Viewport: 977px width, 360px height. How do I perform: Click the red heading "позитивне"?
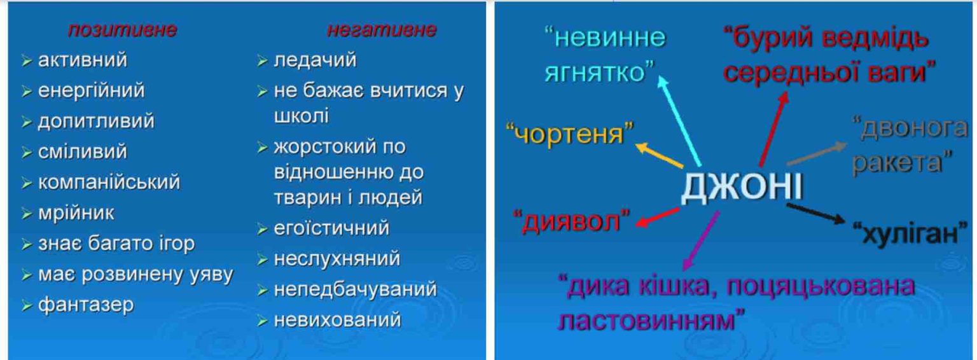pyautogui.click(x=123, y=30)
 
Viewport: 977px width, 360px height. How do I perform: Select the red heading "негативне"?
pyautogui.click(x=382, y=30)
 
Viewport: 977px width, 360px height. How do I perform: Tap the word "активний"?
pyautogui.click(x=83, y=60)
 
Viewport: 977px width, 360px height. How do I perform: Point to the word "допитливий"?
pyautogui.click(x=97, y=121)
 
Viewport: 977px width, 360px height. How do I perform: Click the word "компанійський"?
pyautogui.click(x=109, y=183)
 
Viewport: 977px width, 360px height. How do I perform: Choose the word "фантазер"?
pyautogui.click(x=86, y=305)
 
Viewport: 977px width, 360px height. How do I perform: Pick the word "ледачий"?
pyautogui.click(x=315, y=60)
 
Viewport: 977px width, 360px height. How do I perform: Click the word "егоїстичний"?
pyautogui.click(x=331, y=228)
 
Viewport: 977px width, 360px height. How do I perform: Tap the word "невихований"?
pyautogui.click(x=337, y=320)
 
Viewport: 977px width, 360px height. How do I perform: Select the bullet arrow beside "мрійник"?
pyautogui.click(x=27, y=214)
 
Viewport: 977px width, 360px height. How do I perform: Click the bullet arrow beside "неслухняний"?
pyautogui.click(x=262, y=260)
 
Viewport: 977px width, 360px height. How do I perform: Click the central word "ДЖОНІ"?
pyautogui.click(x=742, y=187)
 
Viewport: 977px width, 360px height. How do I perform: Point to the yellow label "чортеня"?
pyautogui.click(x=570, y=133)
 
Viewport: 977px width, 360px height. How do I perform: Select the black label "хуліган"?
pyautogui.click(x=906, y=233)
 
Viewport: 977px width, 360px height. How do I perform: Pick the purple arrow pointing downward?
pyautogui.click(x=701, y=240)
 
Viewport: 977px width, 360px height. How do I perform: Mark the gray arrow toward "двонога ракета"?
pyautogui.click(x=817, y=153)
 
